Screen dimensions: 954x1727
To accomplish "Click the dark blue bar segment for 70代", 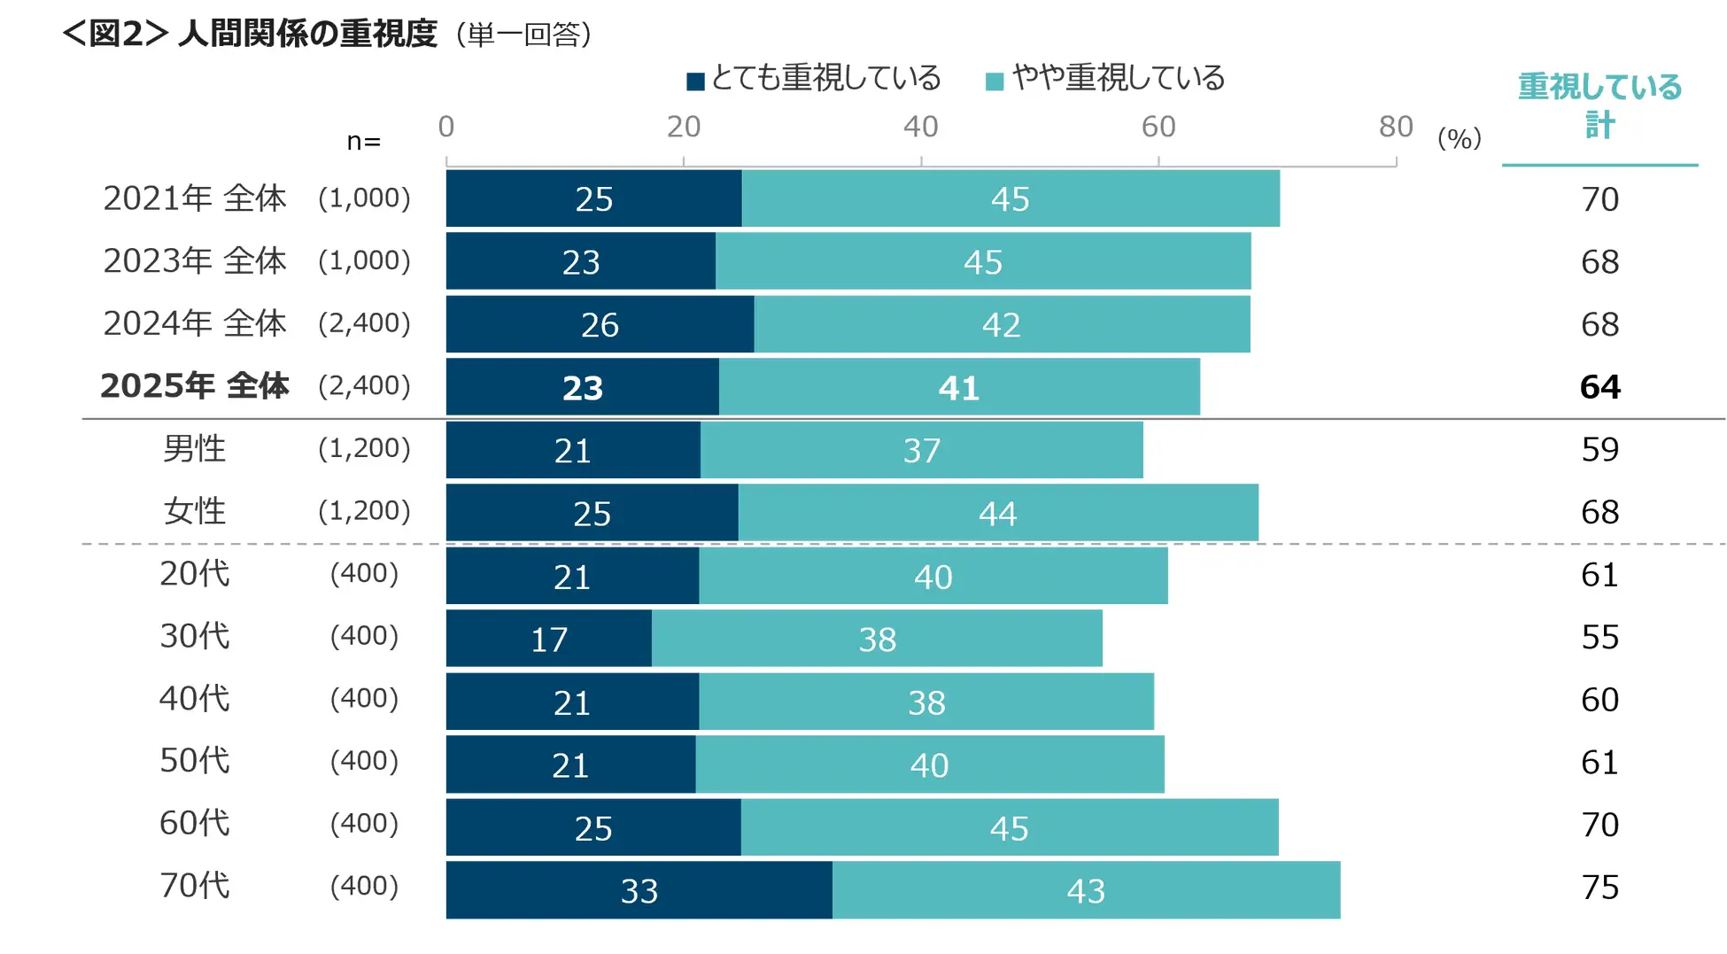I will point(639,890).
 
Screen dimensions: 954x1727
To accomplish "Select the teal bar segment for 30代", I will point(877,639).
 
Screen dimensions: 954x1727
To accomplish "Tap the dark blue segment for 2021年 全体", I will point(593,198).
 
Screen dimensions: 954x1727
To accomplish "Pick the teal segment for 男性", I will point(921,450).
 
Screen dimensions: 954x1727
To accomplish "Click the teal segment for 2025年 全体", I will point(959,387).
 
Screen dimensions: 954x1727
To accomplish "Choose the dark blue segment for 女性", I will point(592,513).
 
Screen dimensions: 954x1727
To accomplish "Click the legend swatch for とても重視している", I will point(695,81).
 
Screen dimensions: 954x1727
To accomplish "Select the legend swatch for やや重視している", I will point(995,81).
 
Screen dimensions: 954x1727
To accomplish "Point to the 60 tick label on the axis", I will point(1158,127).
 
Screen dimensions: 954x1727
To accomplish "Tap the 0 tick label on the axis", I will point(446,127).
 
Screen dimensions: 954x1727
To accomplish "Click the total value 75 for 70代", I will point(1599,888).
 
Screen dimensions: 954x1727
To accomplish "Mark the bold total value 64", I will point(1599,387).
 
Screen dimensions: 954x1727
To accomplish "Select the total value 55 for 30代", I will point(1599,637).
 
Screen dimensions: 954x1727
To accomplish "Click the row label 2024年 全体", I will point(195,323).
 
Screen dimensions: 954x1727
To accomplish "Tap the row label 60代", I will point(195,823).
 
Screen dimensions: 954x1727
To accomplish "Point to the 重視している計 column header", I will point(1599,105).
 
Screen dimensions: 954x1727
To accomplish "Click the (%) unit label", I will point(1459,138).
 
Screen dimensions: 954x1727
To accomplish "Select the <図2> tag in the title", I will point(115,34).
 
